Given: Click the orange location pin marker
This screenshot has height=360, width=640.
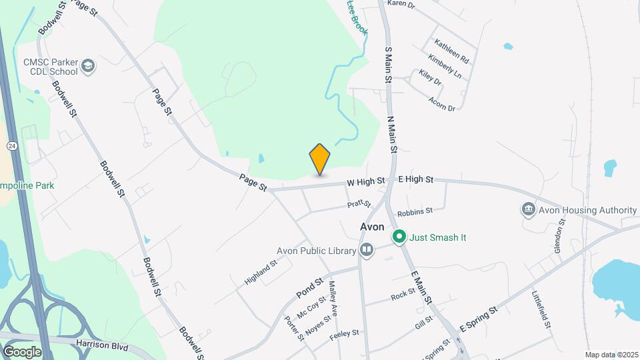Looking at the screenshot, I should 320,159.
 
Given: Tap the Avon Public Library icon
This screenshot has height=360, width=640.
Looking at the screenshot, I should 366,251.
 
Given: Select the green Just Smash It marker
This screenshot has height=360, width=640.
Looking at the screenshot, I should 399,237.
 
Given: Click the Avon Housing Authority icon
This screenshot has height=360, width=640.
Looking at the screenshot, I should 528,210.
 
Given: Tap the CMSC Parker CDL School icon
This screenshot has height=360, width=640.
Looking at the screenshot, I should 89,67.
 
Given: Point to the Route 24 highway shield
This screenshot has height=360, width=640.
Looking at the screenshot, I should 12,145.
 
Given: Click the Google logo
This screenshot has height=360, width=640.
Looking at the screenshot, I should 21,351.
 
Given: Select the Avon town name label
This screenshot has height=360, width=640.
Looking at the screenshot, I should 372,227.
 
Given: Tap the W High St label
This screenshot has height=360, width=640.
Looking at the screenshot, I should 365,181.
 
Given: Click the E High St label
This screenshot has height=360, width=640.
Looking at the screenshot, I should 415,180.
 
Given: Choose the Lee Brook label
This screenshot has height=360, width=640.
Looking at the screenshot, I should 357,18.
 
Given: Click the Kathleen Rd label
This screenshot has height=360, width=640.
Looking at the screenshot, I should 451,51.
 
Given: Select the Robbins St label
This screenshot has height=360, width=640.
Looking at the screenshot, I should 415,212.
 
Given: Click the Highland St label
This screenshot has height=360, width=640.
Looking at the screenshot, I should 260,273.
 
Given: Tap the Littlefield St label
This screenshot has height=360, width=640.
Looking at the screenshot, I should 541,309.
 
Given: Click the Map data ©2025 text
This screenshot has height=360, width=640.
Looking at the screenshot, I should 611,355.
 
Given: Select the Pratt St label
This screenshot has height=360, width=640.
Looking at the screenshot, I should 358,204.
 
